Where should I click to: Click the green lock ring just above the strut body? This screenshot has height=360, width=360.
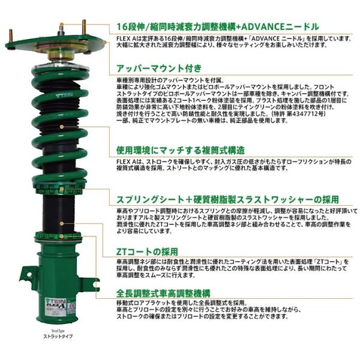[58, 235]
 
